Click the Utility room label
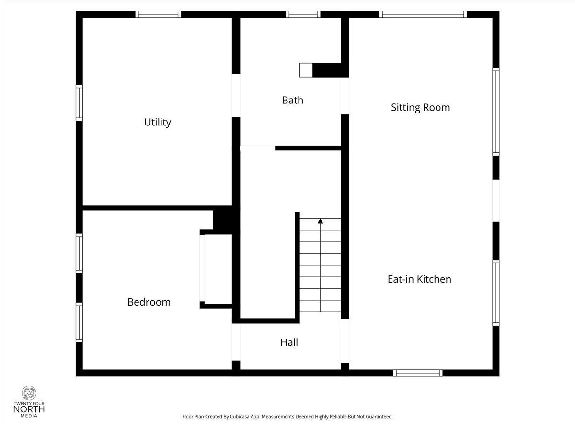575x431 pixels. (158, 122)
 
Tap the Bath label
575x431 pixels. (293, 100)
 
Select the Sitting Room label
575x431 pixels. (420, 108)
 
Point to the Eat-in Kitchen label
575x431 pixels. (419, 279)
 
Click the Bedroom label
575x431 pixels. (149, 302)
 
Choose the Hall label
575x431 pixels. (289, 342)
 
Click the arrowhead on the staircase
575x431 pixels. (320, 221)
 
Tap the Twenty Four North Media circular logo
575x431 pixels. (29, 393)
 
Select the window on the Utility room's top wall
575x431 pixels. (158, 14)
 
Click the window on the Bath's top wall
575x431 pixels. (303, 14)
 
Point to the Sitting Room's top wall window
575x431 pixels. (423, 14)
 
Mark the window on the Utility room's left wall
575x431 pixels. (79, 103)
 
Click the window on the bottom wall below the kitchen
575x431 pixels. (418, 373)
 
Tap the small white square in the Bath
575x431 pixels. (306, 70)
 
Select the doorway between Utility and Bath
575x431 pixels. (236, 95)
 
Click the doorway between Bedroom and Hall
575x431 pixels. (236, 342)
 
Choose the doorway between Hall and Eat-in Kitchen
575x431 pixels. (345, 341)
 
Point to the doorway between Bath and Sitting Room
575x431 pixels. (345, 96)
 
